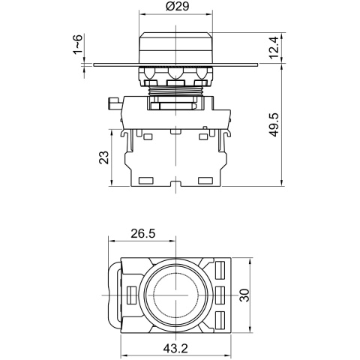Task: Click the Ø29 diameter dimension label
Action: (175, 9)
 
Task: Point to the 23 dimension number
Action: (103, 157)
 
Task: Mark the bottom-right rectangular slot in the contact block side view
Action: (203, 181)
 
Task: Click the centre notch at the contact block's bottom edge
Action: (174, 182)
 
